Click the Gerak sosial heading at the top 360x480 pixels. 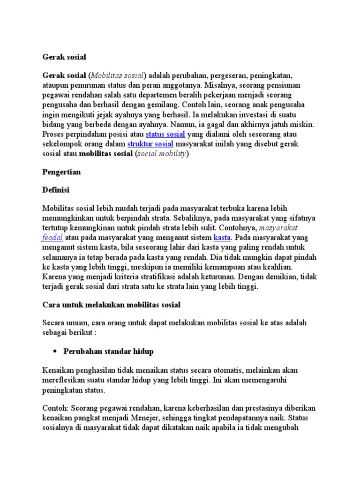64,57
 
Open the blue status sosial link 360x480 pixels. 166,134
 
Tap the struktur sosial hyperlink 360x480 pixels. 150,144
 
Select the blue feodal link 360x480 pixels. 52,237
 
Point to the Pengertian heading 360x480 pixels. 61,172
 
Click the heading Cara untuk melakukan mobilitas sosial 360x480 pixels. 111,305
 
